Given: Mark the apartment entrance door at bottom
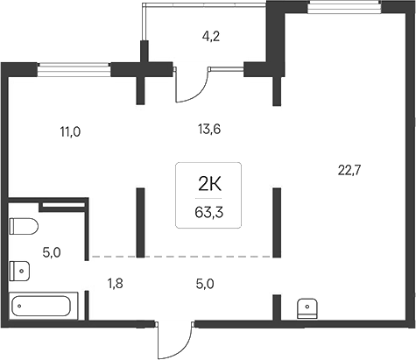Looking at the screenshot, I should [x=173, y=336].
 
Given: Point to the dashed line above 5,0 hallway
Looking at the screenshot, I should [x=180, y=257].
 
